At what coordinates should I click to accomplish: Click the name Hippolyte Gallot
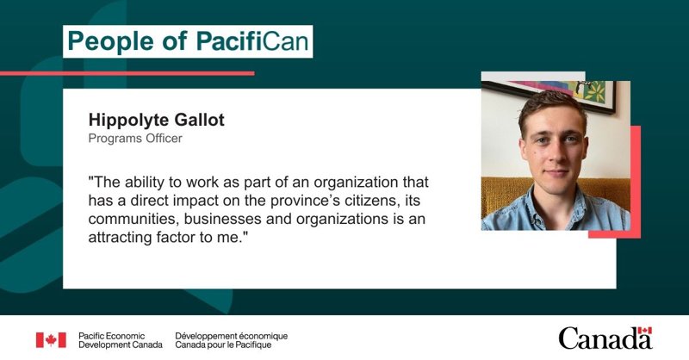click(x=157, y=120)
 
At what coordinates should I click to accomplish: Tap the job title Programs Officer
click(x=135, y=139)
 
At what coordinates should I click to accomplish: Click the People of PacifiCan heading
click(x=188, y=41)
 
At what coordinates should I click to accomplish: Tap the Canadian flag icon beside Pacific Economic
click(x=51, y=340)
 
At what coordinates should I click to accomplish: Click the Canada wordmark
click(x=605, y=338)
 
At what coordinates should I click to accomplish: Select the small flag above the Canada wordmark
click(x=644, y=331)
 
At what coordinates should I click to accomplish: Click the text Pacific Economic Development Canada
click(x=121, y=340)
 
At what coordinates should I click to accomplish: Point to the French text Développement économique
click(x=231, y=336)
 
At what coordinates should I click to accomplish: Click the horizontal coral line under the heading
click(x=127, y=73)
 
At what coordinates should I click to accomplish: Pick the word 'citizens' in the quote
click(x=367, y=201)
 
